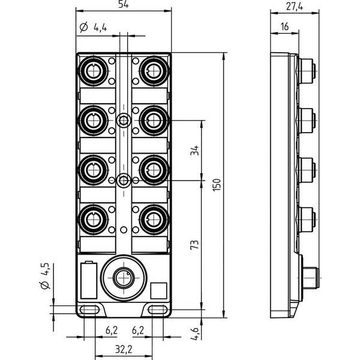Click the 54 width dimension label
tap(124, 4)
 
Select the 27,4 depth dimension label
tap(295, 7)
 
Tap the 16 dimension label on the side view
tap(284, 26)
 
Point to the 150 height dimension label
tap(217, 185)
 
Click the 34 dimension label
tap(194, 151)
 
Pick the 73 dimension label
tap(194, 245)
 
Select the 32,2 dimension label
tap(124, 349)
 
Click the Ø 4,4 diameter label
tap(94, 28)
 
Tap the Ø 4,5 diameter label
tap(45, 276)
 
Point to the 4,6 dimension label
tap(194, 334)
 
